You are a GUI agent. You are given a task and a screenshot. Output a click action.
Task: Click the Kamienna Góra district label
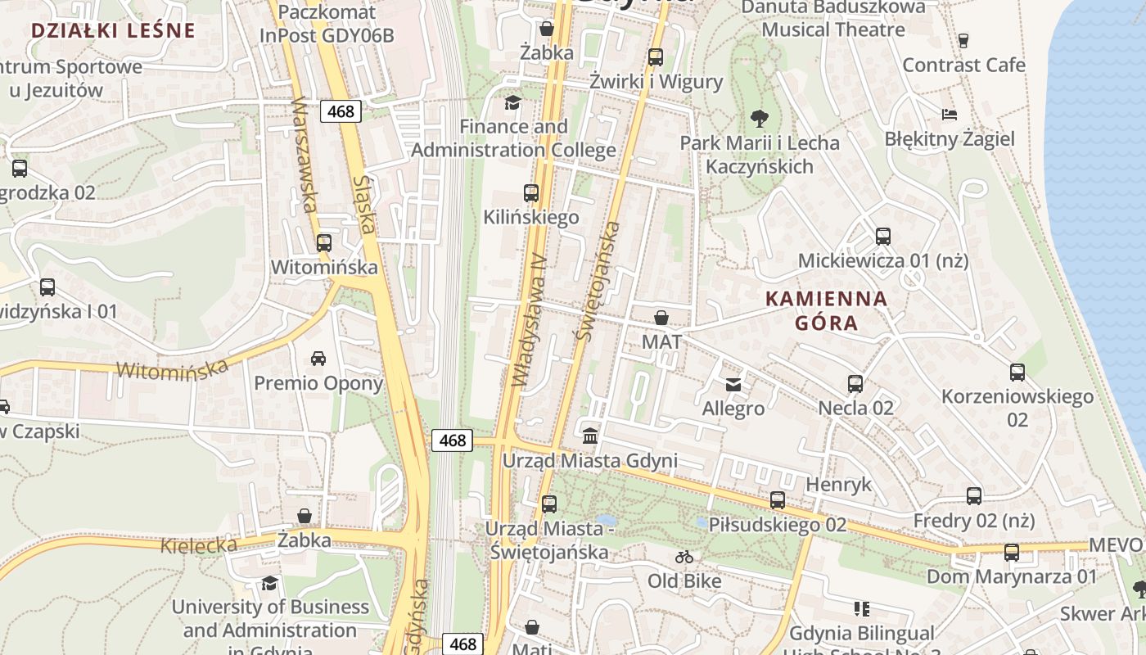826,310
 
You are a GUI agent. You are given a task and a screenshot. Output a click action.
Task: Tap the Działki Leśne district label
113,31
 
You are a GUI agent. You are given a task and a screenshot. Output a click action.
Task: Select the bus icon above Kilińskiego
531,193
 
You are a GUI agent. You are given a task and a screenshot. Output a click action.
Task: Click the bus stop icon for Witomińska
324,243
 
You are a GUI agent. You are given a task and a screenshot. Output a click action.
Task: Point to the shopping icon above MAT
661,318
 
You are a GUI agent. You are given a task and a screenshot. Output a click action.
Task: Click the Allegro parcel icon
733,384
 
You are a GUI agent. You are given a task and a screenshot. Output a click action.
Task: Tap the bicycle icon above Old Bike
684,558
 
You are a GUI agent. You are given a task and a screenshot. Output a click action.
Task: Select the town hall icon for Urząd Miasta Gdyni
589,435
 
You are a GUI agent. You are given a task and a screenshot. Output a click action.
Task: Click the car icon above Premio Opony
318,359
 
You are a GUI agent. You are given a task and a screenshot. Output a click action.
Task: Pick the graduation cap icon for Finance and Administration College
512,102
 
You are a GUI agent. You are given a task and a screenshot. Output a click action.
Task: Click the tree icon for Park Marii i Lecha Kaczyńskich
760,119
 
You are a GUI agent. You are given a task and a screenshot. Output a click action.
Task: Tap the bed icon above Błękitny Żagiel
950,114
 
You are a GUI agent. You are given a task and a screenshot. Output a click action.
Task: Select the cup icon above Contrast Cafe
963,40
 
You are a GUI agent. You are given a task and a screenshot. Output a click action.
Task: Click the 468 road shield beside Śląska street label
341,111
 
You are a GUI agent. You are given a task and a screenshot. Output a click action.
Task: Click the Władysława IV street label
529,319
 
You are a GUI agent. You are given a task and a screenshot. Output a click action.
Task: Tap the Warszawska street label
304,155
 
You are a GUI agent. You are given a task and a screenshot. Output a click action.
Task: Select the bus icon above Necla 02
855,383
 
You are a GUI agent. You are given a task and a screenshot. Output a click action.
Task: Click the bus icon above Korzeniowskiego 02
1017,373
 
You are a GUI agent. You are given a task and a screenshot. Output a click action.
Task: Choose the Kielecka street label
199,544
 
